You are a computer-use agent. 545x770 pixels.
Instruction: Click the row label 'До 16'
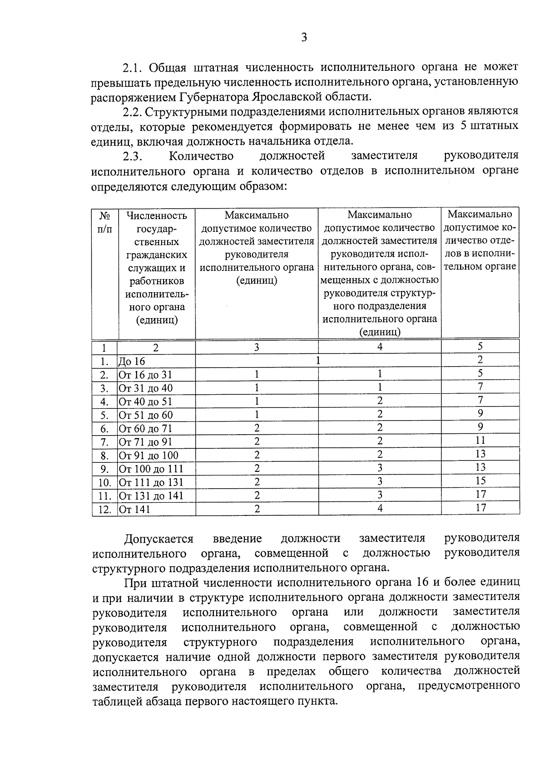tap(132, 362)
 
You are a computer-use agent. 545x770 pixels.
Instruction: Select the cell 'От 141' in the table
tap(134, 510)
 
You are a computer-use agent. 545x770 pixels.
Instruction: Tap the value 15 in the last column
tap(480, 481)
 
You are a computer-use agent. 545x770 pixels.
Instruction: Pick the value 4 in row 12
tap(380, 509)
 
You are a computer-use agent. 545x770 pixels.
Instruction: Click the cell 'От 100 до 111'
tap(151, 469)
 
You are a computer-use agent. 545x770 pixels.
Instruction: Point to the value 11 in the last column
tap(480, 441)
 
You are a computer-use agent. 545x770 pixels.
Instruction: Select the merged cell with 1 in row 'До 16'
tap(318, 361)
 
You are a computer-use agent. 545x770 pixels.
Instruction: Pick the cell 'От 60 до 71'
tap(145, 429)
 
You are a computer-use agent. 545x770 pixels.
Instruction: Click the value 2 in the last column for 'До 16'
tap(480, 360)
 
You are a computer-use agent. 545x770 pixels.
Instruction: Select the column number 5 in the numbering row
tap(480, 347)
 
